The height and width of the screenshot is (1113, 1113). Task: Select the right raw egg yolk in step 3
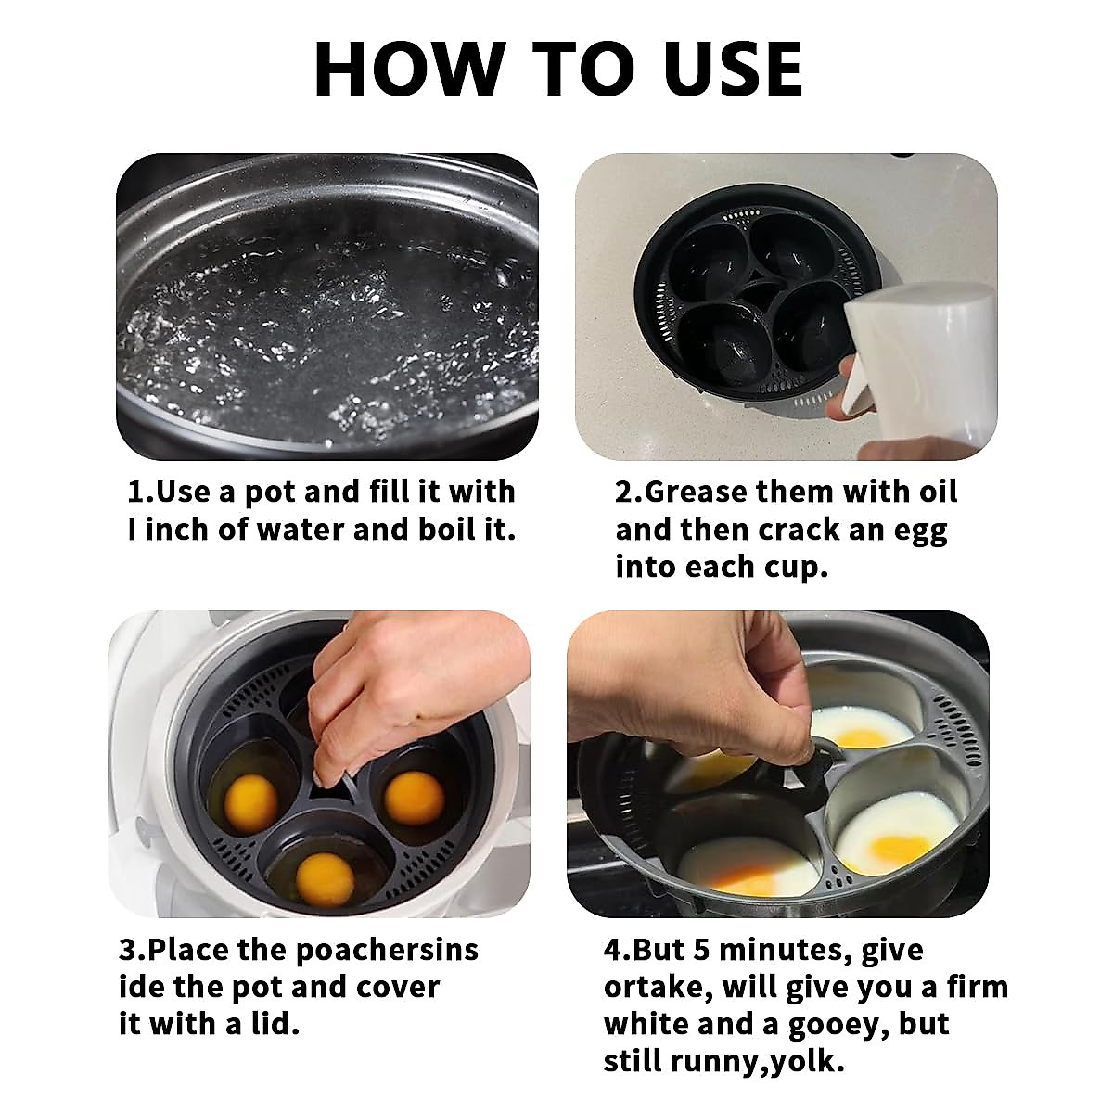point(414,797)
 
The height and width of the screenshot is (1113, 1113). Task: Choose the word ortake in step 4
point(655,987)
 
